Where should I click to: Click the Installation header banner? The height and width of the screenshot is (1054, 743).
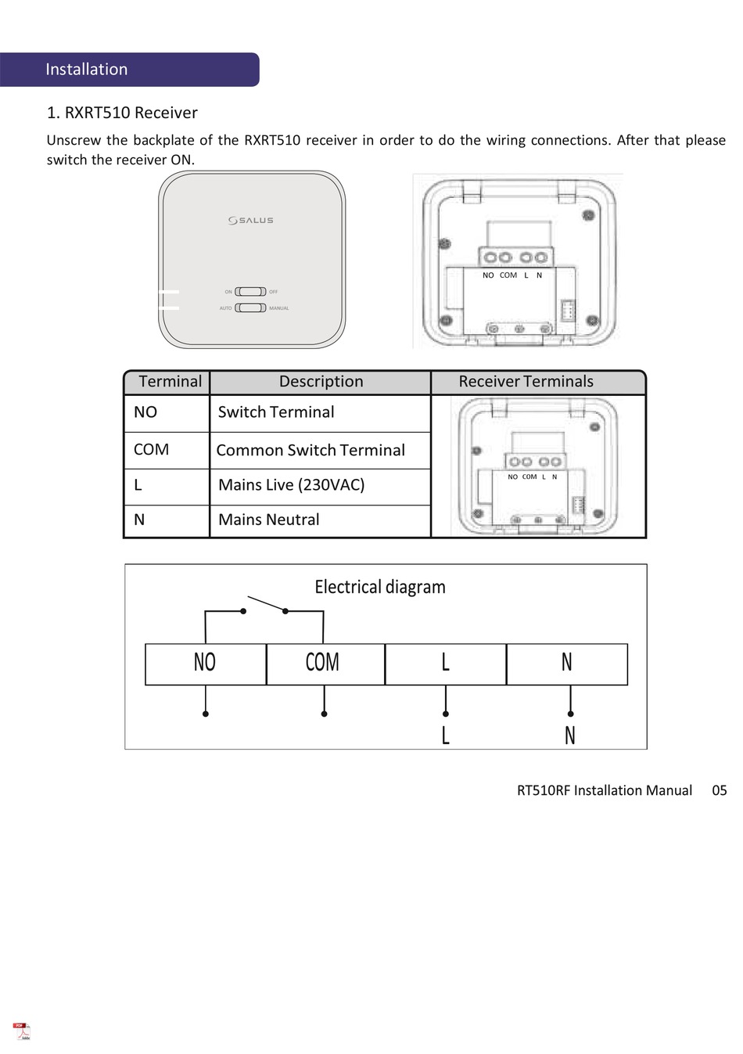tap(129, 70)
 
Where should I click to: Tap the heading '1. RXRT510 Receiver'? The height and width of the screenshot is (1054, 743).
tap(122, 113)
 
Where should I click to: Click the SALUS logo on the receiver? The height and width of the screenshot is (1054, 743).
tap(251, 221)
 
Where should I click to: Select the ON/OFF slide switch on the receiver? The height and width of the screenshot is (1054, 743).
tap(251, 292)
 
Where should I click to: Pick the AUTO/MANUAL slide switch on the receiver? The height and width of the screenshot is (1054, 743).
tap(251, 308)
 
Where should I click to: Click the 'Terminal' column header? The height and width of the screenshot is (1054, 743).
tap(170, 382)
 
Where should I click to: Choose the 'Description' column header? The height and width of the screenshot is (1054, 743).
tap(321, 382)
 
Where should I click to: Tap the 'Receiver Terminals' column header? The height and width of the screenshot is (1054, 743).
tap(526, 382)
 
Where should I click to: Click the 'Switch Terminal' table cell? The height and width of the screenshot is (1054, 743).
tap(276, 412)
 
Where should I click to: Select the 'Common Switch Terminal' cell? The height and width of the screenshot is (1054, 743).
tap(310, 451)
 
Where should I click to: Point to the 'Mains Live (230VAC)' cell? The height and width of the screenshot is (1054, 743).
tap(292, 485)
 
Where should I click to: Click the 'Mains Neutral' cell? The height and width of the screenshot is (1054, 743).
tap(269, 520)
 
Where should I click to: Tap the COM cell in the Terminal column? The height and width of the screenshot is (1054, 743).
tap(151, 450)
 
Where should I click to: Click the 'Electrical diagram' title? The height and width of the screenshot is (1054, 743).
tap(380, 587)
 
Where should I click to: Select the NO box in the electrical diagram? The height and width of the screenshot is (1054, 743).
tap(205, 664)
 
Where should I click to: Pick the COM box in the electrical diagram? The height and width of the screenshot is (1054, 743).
tap(323, 664)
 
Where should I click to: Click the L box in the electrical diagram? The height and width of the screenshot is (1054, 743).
tap(445, 664)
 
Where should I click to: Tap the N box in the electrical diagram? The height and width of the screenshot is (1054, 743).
tap(567, 664)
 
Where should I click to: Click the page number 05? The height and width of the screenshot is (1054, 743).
tap(719, 790)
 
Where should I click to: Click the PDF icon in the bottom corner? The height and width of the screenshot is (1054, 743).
tap(22, 1031)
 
